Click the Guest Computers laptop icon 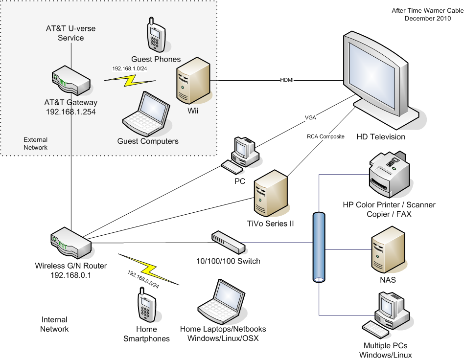[x=145, y=114]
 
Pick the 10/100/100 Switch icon [x=228, y=241]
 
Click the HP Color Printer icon [x=390, y=174]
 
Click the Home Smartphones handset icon [x=146, y=305]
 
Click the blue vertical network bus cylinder [x=319, y=247]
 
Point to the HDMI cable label [x=287, y=80]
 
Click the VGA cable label [x=310, y=118]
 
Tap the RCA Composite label [x=325, y=136]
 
